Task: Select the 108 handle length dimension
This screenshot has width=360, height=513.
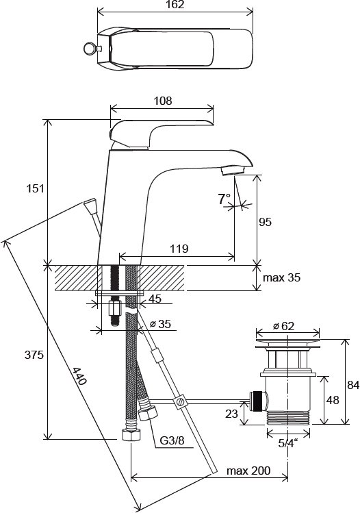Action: pos(162,101)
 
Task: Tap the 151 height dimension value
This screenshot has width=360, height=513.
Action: pos(35,188)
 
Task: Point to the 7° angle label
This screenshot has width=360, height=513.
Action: pos(224,199)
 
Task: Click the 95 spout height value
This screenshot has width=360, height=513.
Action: pos(265,222)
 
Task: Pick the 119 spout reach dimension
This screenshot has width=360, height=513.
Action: pos(179,249)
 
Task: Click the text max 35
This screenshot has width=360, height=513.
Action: pos(281,278)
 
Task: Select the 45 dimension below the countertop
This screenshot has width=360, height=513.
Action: pos(155,299)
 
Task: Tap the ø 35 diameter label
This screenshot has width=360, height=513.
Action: pos(160,324)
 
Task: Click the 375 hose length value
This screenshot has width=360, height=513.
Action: pos(34,355)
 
